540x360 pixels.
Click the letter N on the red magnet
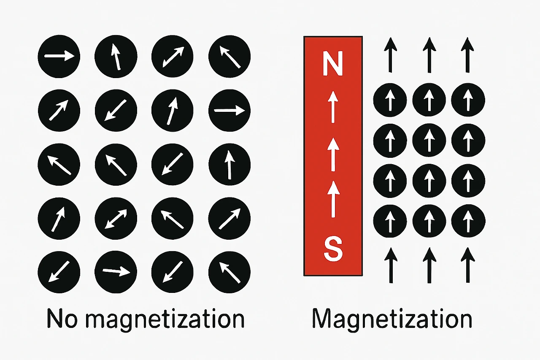pos(333,63)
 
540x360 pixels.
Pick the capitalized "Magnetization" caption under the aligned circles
pos(392,319)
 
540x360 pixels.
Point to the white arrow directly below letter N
pos(333,108)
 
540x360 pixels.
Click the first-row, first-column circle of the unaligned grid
pos(59,57)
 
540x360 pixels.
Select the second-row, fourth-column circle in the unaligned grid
pos(229,111)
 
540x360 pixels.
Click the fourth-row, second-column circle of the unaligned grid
pos(116,218)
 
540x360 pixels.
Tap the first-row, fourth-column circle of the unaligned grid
pos(229,57)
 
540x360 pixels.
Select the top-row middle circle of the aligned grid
pos(429,100)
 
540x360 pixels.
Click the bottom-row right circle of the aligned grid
pos(468,220)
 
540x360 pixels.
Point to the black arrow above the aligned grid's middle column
pos(429,55)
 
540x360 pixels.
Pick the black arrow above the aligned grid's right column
pos(467,55)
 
